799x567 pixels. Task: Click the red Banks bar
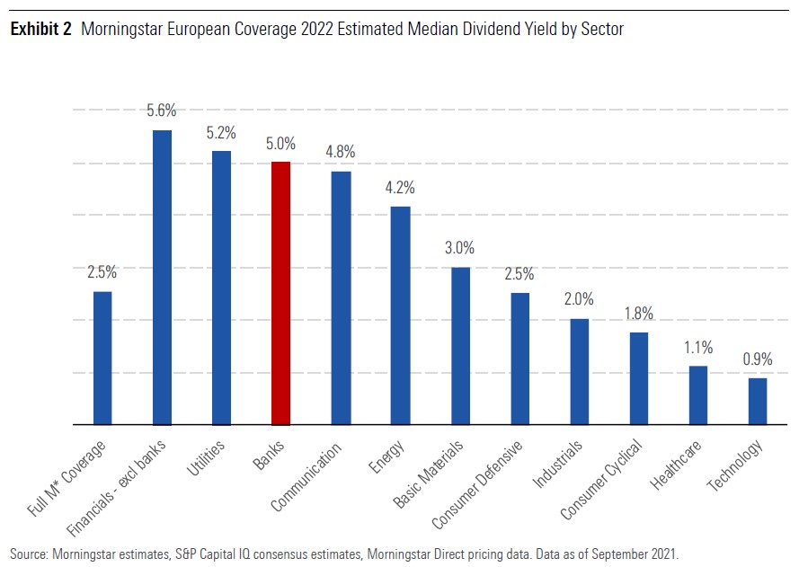coord(281,293)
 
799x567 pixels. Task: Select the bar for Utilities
coord(221,288)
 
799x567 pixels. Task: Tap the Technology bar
coord(758,401)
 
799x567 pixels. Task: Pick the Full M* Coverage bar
coord(102,358)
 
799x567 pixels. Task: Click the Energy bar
coord(400,315)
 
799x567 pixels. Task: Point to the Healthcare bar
coord(698,394)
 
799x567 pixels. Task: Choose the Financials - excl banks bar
coord(162,277)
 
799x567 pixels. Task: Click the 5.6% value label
coord(162,111)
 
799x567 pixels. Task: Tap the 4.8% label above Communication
coord(341,152)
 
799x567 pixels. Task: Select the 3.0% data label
coord(459,248)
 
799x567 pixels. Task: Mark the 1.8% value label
coord(638,314)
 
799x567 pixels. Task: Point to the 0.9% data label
coord(758,359)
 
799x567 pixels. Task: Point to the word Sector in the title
coord(600,30)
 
